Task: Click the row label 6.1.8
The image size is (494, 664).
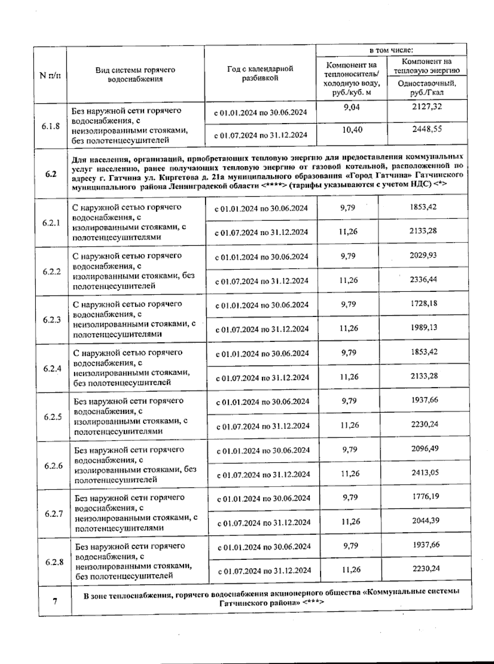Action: pos(50,126)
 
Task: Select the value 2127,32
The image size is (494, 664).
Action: pos(427,107)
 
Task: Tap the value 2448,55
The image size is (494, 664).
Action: pos(427,129)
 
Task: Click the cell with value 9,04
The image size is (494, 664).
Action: pos(352,108)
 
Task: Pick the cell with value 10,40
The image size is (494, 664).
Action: pos(352,130)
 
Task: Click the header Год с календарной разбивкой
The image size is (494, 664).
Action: pos(260,73)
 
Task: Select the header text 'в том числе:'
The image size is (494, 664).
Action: pos(391,50)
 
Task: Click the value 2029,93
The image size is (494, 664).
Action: pos(423,255)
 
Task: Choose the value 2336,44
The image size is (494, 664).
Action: pos(423,280)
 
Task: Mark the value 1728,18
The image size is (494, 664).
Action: pos(424,303)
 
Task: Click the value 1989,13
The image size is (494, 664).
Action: pos(424,328)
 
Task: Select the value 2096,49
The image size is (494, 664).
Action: pos(425,449)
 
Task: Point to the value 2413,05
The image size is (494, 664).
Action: pos(425,473)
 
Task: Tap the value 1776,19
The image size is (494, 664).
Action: pos(426,496)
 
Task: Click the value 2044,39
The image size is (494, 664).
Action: pos(426,521)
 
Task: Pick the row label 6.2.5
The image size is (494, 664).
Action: pos(53,417)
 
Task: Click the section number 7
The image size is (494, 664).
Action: pos(55,601)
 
